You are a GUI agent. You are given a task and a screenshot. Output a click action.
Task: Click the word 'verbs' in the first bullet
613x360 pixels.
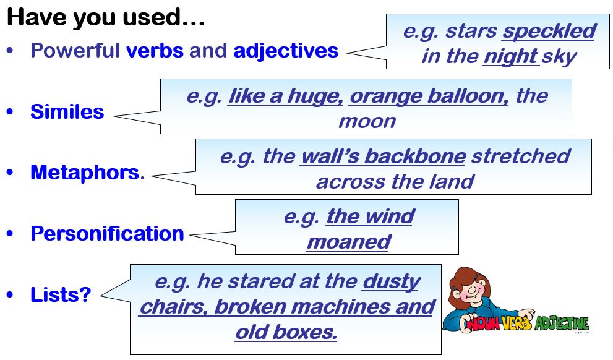pos(155,51)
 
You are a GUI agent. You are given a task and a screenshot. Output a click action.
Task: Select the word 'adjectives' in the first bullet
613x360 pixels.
pos(286,51)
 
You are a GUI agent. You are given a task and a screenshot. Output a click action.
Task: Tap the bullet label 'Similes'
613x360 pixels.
pos(67,111)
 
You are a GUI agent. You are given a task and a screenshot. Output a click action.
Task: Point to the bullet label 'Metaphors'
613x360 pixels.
pos(85,173)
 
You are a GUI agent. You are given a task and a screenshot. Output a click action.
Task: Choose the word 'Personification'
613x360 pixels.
pos(107,233)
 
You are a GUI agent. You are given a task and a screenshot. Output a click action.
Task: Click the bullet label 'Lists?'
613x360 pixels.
pos(61,294)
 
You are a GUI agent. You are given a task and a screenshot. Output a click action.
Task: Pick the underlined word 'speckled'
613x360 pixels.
pos(549,32)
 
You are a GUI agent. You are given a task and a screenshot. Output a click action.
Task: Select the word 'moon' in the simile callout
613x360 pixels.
pos(367,122)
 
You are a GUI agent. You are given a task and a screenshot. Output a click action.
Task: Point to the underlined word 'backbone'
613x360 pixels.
pos(415,156)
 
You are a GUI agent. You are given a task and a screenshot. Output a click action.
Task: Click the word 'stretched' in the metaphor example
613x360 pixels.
pos(521,156)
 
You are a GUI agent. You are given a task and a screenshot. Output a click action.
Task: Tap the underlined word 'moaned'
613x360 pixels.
pos(348,242)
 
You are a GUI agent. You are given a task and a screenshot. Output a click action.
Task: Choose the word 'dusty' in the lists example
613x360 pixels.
pos(392,282)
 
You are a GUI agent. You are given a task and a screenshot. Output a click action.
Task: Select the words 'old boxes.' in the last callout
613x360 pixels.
pos(286,332)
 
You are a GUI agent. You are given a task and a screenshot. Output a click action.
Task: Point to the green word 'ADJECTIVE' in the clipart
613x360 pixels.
pos(561,324)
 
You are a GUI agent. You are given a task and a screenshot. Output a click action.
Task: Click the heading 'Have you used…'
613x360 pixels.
pos(106,17)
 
